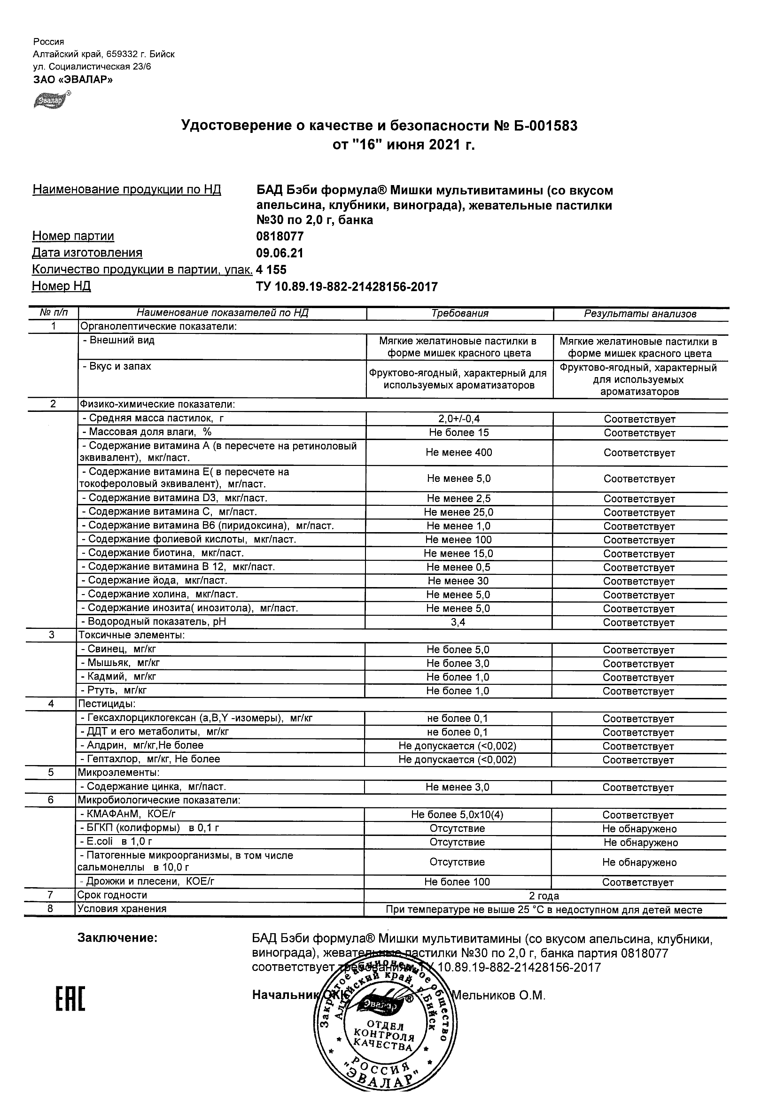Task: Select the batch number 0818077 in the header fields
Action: point(280,236)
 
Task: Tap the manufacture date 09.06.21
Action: point(280,253)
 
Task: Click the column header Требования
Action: point(459,314)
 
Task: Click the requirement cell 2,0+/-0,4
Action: point(459,419)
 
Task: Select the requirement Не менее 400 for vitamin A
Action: point(458,452)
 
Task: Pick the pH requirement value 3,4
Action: point(458,622)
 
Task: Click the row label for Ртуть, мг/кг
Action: point(114,690)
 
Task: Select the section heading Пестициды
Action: point(107,704)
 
